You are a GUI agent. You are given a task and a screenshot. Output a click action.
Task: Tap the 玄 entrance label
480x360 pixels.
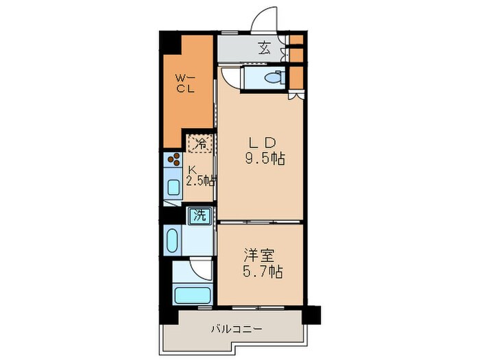pos(264,47)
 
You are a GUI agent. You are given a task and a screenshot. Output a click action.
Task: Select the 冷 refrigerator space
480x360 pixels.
pos(200,144)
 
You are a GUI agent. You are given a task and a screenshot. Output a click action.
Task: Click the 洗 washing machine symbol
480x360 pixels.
pos(200,215)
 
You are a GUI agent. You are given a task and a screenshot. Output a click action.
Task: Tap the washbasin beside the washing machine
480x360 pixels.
pos(172,242)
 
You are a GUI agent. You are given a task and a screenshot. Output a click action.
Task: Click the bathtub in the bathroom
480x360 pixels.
pos(192,296)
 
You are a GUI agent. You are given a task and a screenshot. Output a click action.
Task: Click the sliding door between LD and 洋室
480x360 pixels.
pos(259,222)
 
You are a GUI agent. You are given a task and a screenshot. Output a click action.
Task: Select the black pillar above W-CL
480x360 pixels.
pos(169,42)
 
